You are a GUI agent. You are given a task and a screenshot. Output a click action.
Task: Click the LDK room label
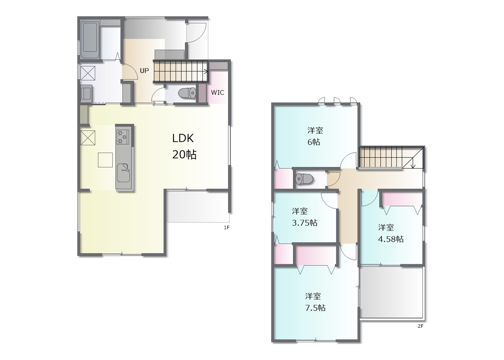pos(183,138)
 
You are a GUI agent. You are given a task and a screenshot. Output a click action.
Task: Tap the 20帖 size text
pos(184,155)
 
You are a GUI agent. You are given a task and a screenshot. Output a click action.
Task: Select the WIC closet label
pos(217,93)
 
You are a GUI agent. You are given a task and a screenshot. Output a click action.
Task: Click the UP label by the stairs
pos(144,71)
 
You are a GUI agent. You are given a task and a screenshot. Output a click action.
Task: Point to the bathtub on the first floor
pos(90,40)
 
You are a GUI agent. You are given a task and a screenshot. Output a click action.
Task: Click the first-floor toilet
pos(187,93)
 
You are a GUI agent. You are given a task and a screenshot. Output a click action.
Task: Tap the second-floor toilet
pos(305,179)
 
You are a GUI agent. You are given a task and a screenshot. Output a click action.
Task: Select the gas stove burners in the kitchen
pos(123,137)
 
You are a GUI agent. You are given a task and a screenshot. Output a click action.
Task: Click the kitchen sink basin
pos(123,173)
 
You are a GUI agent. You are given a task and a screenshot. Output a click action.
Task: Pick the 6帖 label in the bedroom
pos(314,142)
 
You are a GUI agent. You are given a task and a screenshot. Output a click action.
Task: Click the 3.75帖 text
pos(305,223)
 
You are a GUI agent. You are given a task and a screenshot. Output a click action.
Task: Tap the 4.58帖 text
pos(391,239)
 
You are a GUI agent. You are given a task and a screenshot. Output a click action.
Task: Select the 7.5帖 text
pos(315,308)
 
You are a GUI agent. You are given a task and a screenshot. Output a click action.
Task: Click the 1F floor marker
pos(226,228)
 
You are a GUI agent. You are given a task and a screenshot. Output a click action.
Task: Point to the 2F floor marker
pos(421,326)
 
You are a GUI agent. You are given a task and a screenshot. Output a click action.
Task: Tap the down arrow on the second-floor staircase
pos(413,163)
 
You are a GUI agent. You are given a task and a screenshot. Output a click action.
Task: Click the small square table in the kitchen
pos(105,160)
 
